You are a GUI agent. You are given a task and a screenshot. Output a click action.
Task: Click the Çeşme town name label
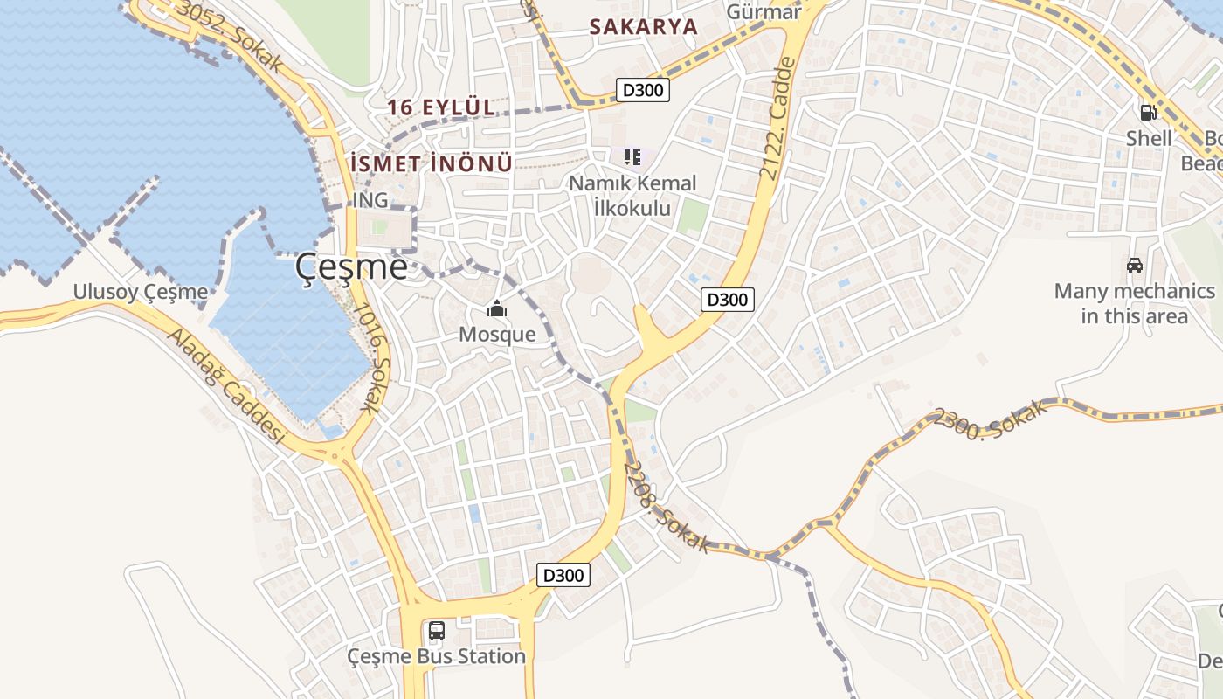[351, 266]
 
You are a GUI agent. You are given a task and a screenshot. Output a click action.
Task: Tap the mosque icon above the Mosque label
[497, 308]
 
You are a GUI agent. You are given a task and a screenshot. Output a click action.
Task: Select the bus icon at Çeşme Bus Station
[436, 630]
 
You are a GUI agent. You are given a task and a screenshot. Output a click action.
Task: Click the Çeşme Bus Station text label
[436, 656]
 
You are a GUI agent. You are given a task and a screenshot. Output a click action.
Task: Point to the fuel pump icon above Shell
[1148, 112]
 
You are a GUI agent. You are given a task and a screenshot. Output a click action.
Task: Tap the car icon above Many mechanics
[1134, 266]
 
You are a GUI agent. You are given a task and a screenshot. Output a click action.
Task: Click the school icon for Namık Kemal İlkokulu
[632, 157]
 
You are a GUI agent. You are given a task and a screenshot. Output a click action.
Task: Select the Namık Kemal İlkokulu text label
[632, 196]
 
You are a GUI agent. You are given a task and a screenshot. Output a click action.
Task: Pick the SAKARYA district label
[644, 26]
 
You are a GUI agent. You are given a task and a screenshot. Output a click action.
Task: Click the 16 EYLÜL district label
[441, 107]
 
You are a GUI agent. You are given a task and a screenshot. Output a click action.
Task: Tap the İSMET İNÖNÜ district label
[431, 163]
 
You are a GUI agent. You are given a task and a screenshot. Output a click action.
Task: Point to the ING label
[370, 200]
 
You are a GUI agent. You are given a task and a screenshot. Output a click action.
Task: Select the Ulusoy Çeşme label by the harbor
[141, 292]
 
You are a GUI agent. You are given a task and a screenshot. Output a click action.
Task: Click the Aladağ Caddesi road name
[226, 385]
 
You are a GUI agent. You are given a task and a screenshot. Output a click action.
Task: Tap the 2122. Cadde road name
[778, 119]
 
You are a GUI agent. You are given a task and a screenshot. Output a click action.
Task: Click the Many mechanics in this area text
[1134, 303]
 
